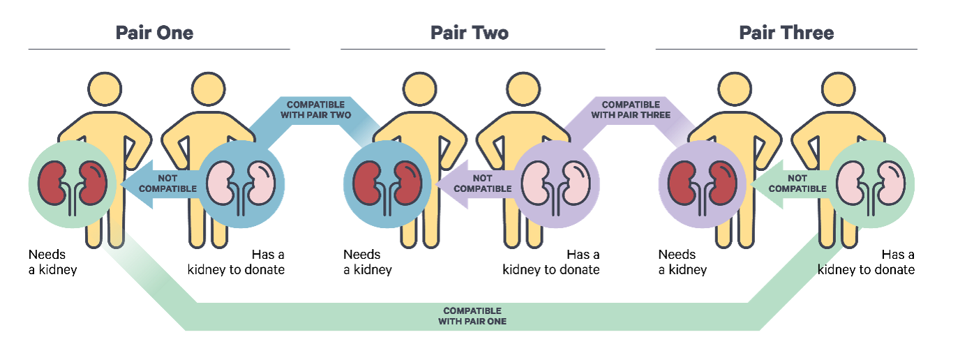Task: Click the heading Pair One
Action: [155, 33]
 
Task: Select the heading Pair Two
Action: [470, 33]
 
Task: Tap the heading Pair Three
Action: [786, 33]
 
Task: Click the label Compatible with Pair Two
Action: [316, 110]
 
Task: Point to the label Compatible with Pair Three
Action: [631, 110]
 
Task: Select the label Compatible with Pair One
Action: [472, 316]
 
